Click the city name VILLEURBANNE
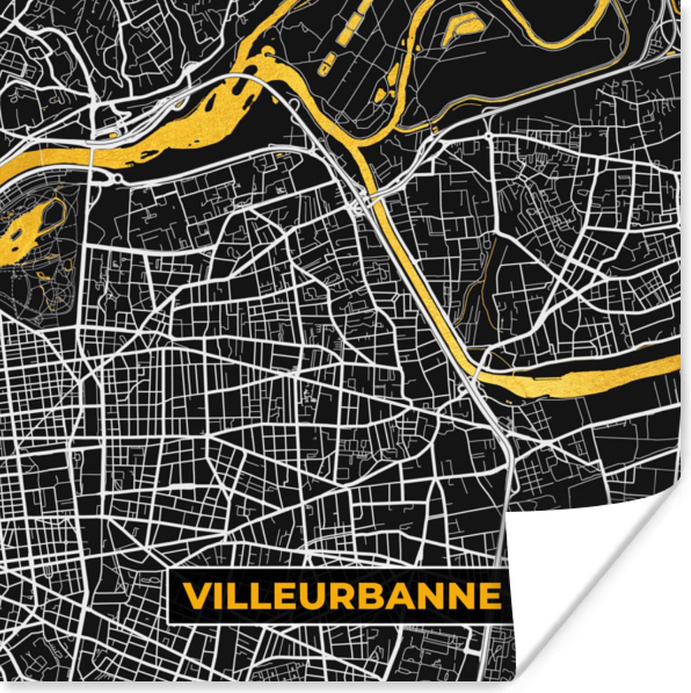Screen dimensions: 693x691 [342, 596]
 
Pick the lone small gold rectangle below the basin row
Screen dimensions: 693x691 [325, 69]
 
